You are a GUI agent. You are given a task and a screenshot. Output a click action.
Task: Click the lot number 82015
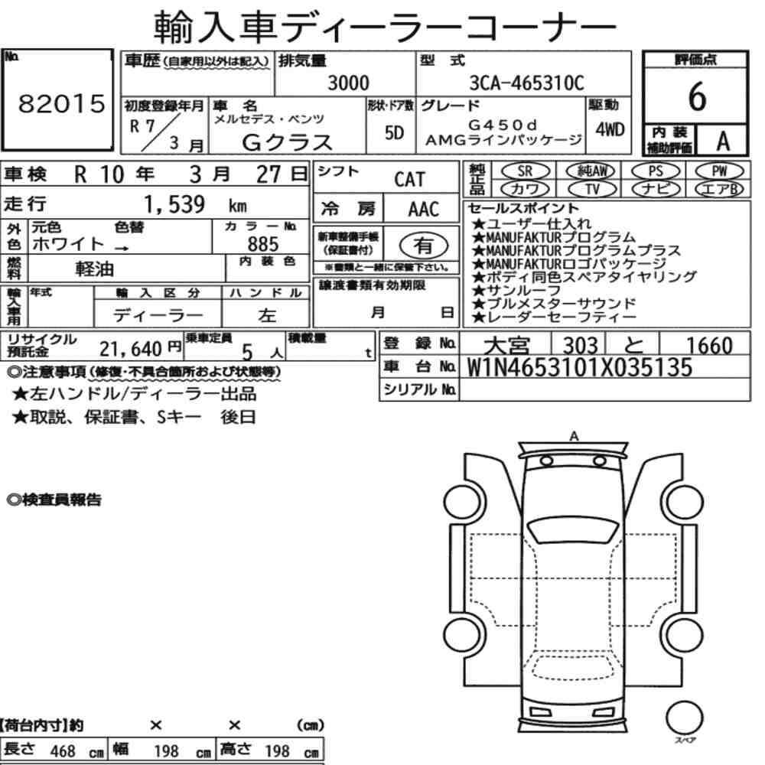61,103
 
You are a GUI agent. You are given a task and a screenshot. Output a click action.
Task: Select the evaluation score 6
697,96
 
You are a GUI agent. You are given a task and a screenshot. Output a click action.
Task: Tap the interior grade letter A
723,141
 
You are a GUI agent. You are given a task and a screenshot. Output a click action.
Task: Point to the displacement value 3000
348,83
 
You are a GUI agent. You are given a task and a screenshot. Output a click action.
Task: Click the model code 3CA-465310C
526,83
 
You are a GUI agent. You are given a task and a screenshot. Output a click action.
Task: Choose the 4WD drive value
610,130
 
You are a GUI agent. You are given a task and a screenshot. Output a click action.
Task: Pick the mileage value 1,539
174,204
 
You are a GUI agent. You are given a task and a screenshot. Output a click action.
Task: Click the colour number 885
263,244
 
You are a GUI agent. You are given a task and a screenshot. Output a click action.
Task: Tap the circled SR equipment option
525,171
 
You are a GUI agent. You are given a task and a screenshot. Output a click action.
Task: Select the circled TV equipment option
592,189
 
